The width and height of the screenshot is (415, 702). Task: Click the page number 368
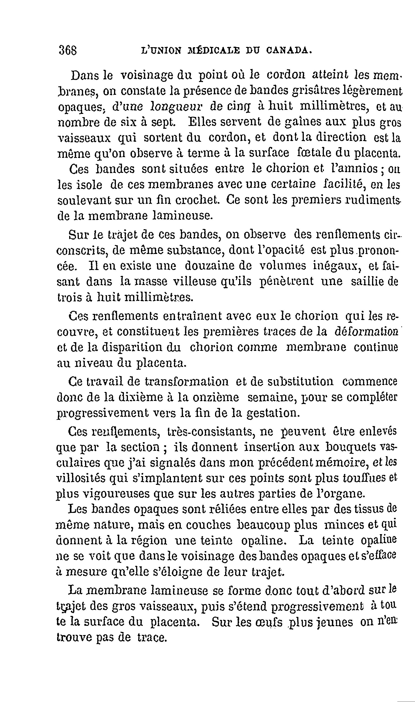coord(68,50)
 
